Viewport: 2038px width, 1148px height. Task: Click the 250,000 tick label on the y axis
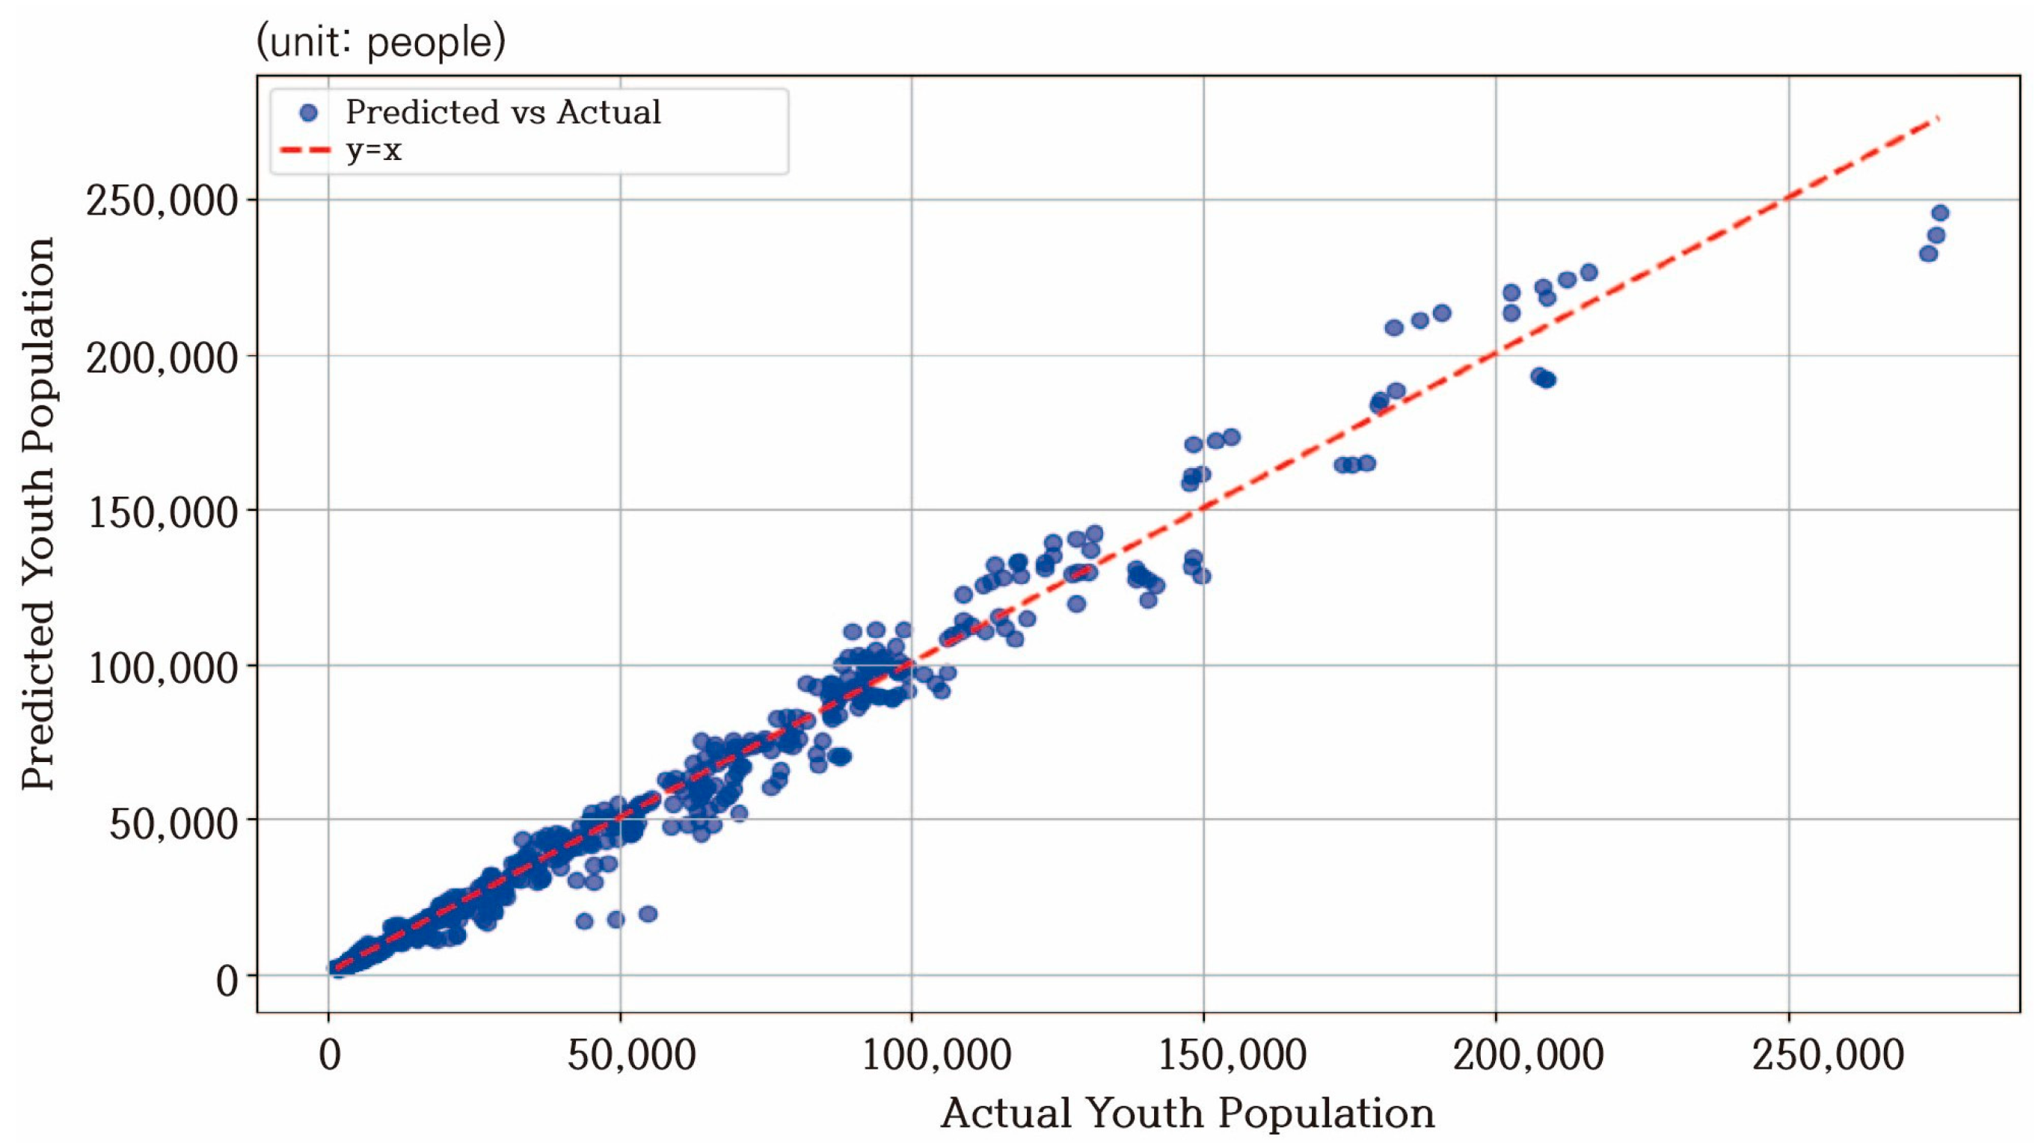162,202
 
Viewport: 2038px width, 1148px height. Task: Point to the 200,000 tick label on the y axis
162,358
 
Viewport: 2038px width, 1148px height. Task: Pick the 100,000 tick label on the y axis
162,669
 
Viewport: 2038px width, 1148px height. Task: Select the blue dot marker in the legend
309,113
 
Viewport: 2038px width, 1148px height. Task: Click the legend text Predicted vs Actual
503,112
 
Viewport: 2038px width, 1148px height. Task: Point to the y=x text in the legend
373,150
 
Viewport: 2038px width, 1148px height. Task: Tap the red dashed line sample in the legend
304,150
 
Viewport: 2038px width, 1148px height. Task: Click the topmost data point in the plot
1940,213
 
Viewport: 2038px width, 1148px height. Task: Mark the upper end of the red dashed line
1939,119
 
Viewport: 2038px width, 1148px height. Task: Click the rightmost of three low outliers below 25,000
648,914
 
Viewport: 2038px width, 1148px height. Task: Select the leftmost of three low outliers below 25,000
584,921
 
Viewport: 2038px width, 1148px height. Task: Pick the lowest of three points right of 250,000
1928,254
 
